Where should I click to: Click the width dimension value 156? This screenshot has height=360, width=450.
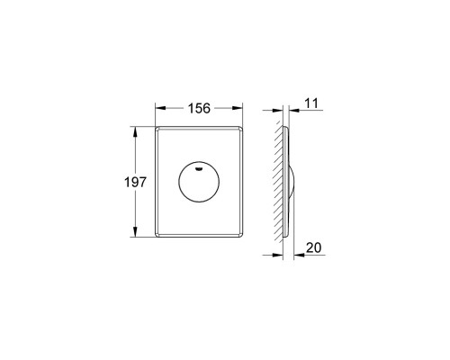tap(199, 108)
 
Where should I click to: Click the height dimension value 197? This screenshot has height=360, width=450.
tap(135, 182)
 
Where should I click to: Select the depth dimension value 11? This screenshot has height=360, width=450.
tap(311, 103)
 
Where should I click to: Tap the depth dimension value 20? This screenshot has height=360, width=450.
tap(314, 247)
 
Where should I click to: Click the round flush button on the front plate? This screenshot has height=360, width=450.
tap(199, 181)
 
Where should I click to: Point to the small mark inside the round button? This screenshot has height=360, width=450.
tap(199, 169)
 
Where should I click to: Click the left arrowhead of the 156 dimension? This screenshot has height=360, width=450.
tap(160, 108)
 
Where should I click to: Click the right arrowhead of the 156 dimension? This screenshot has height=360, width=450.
tap(238, 108)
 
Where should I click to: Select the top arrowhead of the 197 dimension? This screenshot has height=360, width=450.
tap(135, 131)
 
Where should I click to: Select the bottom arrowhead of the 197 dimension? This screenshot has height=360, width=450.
tap(135, 231)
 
